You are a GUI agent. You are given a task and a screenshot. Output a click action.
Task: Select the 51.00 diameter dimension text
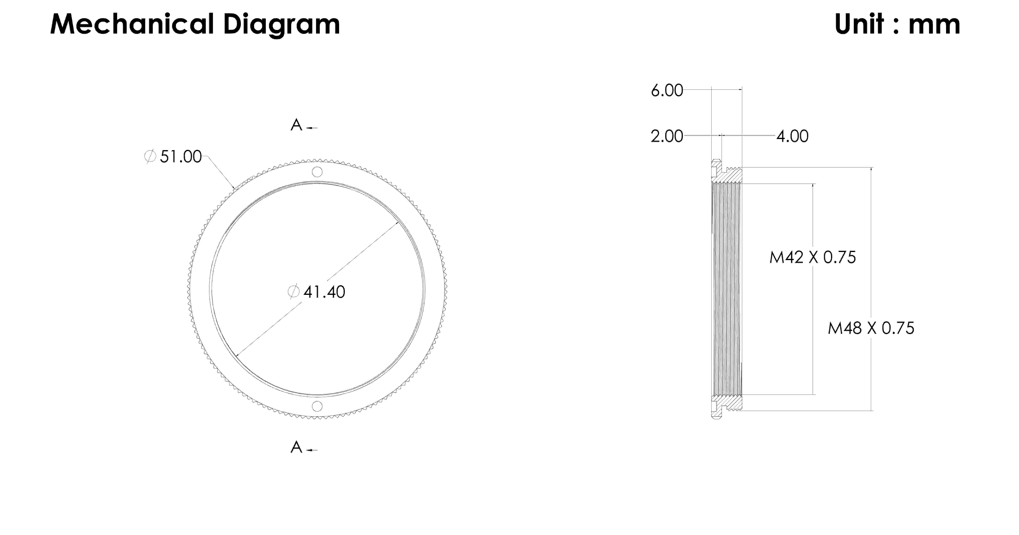pyautogui.click(x=181, y=157)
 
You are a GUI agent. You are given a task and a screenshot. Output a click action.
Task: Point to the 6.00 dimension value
pyautogui.click(x=667, y=91)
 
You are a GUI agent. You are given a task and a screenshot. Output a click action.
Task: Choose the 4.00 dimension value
pyautogui.click(x=792, y=136)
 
